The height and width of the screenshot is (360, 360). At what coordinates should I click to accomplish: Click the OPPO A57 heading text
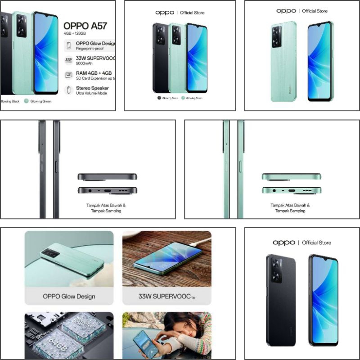[x=85, y=26]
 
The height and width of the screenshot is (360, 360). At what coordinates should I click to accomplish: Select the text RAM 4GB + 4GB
[x=94, y=73]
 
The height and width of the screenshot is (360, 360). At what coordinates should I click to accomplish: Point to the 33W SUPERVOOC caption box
[x=166, y=297]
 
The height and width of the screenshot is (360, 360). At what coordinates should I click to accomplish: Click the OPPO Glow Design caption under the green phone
[x=69, y=297]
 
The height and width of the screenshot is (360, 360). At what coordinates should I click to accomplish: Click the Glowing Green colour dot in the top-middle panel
[x=184, y=98]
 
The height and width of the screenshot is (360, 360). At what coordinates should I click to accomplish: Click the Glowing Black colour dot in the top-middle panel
[x=159, y=98]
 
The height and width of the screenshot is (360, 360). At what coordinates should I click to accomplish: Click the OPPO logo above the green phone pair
[x=286, y=11]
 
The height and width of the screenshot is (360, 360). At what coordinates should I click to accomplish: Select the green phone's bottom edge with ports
[x=291, y=190]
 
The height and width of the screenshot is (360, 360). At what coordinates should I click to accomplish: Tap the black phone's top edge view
[x=107, y=177]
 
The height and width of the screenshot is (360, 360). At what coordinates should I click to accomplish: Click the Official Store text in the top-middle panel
[x=193, y=13]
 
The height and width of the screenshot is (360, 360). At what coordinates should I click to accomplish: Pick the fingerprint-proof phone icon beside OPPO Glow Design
[x=68, y=45]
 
